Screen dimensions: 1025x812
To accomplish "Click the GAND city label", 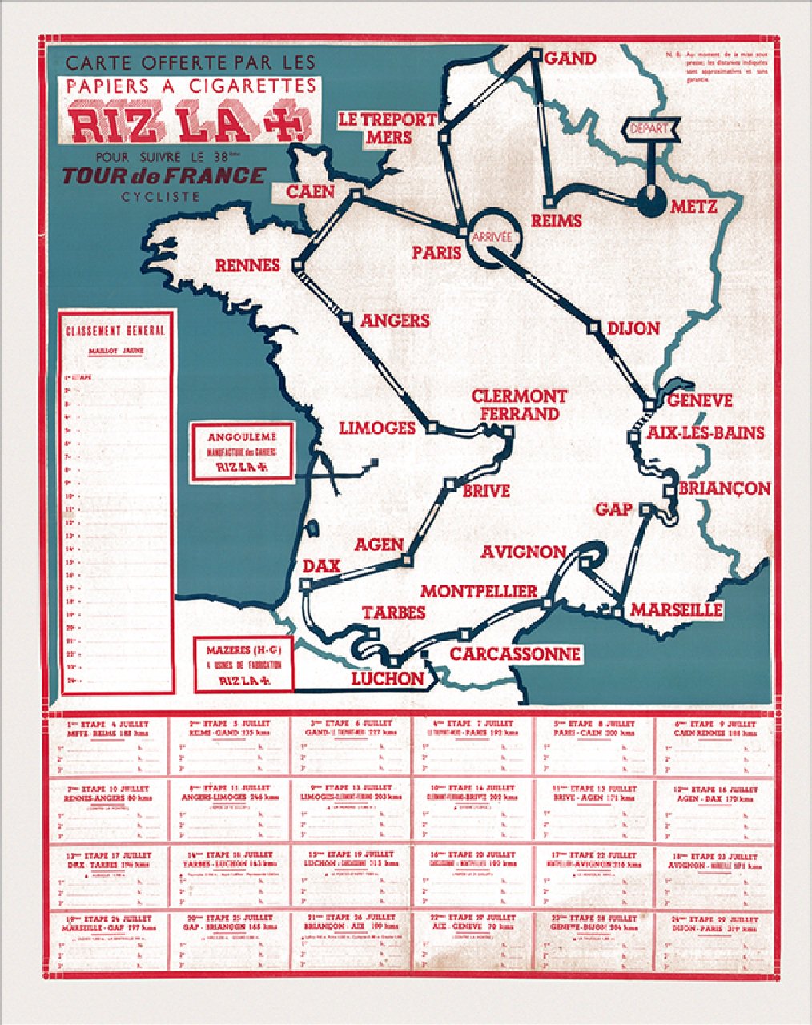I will point(570,58).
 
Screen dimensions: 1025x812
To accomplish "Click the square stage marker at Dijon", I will point(594,327).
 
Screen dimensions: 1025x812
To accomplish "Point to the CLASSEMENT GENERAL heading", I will point(116,330).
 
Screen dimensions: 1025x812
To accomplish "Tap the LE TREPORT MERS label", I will point(388,128).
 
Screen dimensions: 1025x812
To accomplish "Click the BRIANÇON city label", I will point(724,488).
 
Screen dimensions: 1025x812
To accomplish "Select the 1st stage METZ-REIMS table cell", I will point(108,746).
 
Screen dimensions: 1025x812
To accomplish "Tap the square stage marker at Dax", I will point(304,585).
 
